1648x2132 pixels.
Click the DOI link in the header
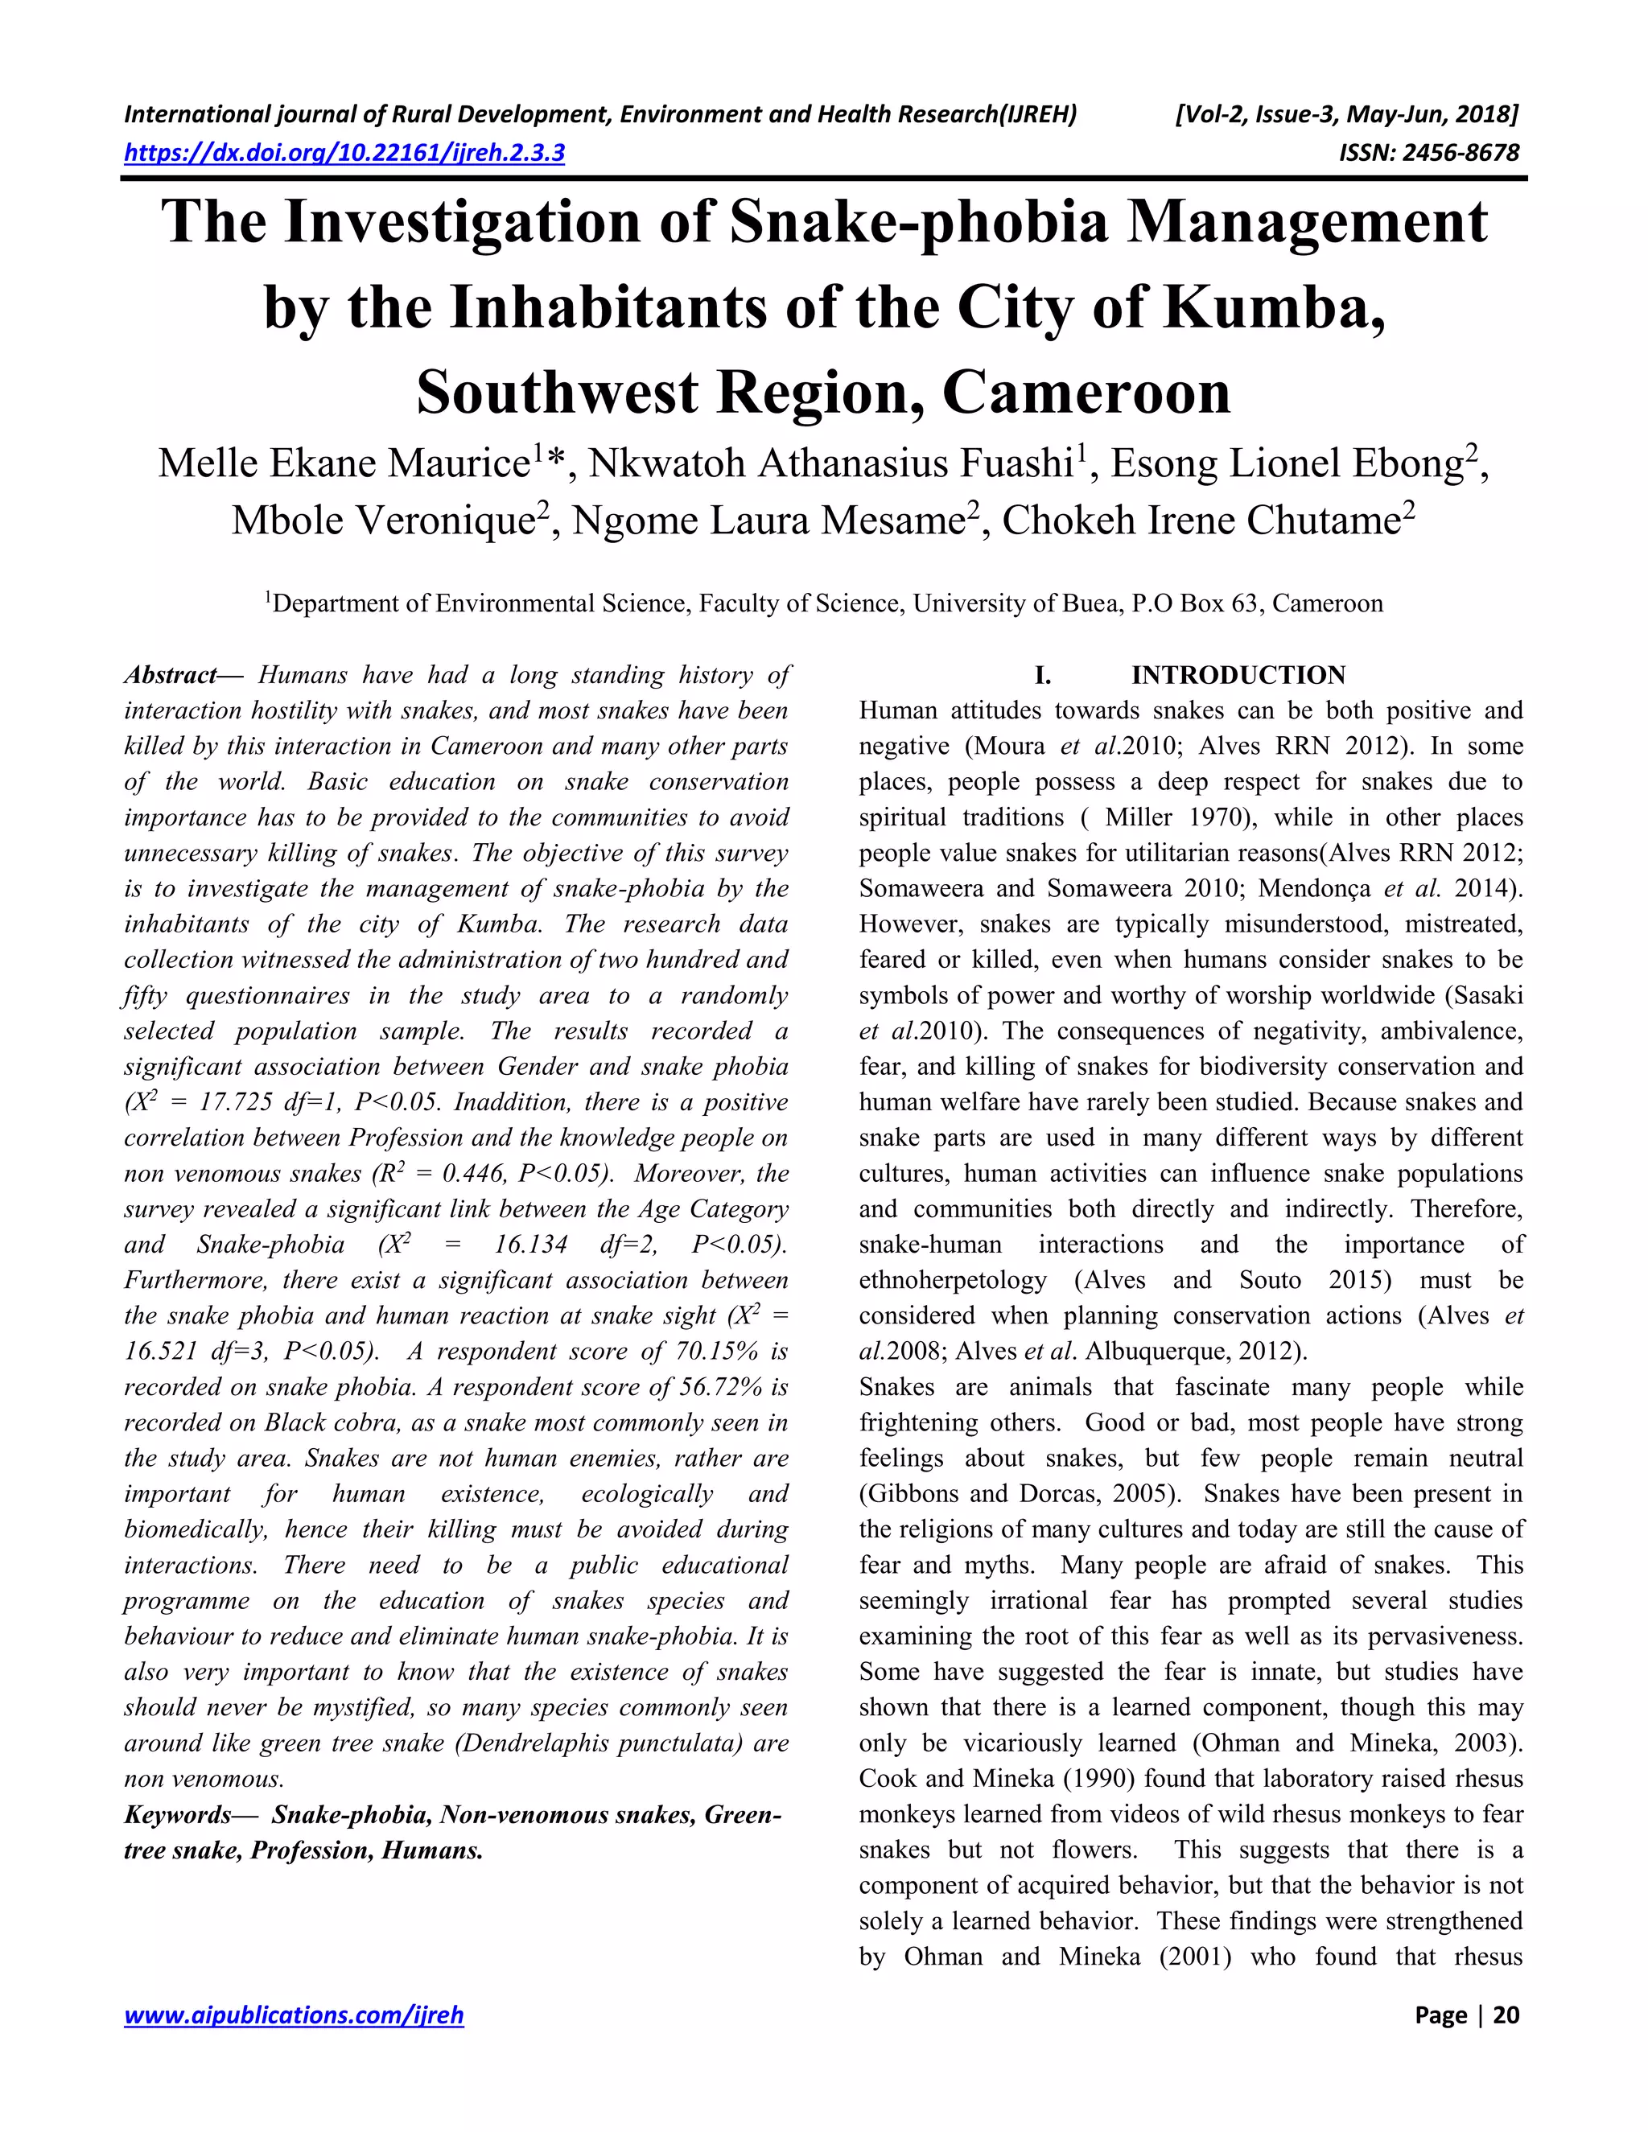[x=344, y=153]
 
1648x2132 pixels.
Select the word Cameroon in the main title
[x=1086, y=393]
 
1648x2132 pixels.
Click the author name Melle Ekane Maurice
[x=344, y=463]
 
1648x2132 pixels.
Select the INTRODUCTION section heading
[x=1238, y=676]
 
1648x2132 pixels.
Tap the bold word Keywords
[x=179, y=1816]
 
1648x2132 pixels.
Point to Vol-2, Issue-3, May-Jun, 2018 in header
[x=1347, y=115]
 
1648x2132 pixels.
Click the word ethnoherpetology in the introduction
[x=952, y=1281]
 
